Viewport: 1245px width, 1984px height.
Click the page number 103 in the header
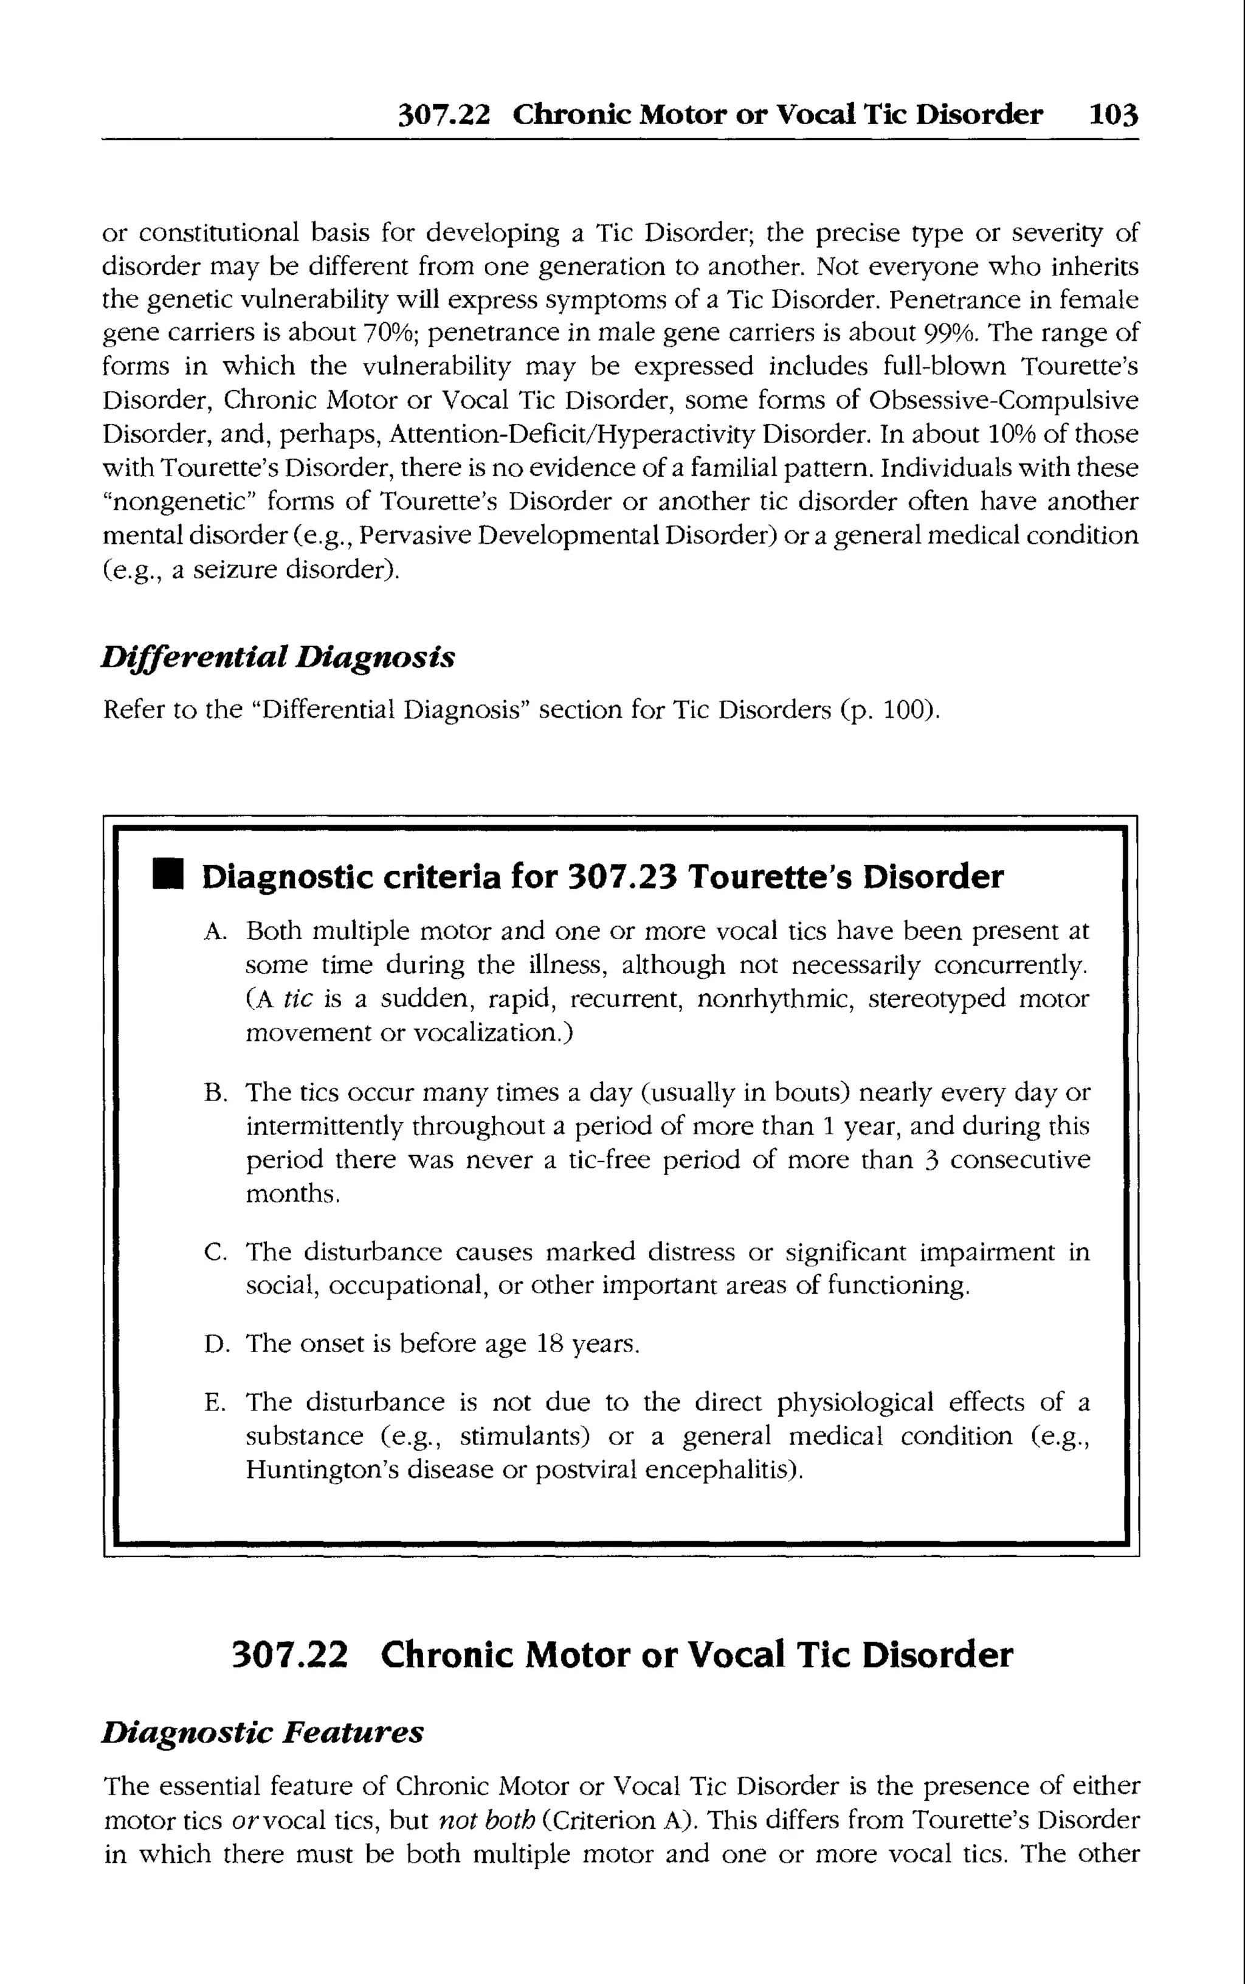click(x=1113, y=114)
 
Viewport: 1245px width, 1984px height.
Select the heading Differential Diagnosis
click(x=277, y=657)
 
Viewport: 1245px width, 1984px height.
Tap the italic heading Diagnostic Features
click(x=263, y=1733)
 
